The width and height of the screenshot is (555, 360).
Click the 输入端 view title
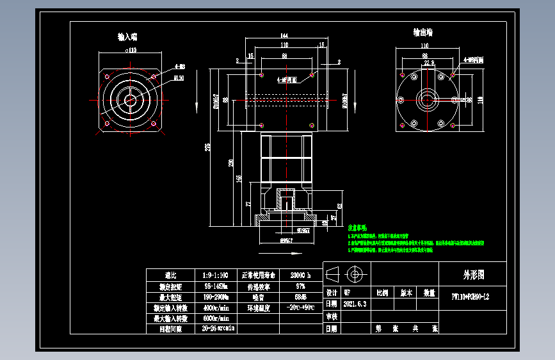(127, 37)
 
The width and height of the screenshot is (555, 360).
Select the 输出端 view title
(423, 32)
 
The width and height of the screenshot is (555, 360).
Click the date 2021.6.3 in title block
(355, 304)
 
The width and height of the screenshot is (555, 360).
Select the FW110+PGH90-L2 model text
(471, 297)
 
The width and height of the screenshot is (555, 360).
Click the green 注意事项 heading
(357, 228)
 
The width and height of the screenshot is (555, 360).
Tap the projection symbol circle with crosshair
(353, 275)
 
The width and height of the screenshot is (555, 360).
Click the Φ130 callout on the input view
(179, 78)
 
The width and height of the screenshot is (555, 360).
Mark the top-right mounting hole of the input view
(154, 75)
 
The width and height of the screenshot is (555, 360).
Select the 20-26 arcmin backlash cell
(218, 329)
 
